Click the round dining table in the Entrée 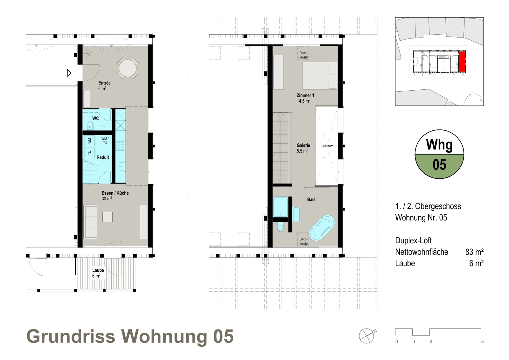128,68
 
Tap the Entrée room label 104,83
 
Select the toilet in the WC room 90,125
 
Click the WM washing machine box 89,141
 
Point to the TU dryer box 89,153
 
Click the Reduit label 103,157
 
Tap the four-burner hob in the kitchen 121,146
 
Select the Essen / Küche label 115,193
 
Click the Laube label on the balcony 98,270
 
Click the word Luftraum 327,146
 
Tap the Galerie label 303,145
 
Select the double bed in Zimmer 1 319,76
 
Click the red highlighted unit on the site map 462,61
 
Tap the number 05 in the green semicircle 439,165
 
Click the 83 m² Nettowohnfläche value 474,252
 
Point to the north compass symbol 366,336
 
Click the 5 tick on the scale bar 482,341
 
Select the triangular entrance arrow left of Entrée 69,73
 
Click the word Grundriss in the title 71,336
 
